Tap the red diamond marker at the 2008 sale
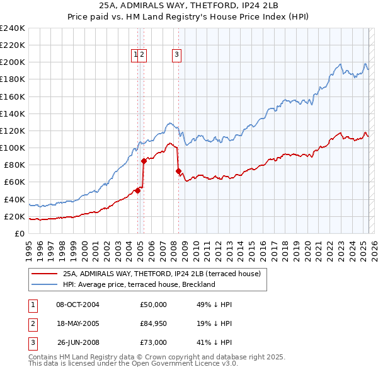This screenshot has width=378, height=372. pos(178,171)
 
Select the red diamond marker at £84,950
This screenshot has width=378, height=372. pos(144,161)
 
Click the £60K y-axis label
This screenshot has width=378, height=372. pos(14,182)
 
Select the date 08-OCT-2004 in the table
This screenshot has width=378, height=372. pos(77,305)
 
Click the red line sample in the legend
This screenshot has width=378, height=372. pos(44,274)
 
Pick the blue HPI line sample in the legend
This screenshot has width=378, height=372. pos(44,284)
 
